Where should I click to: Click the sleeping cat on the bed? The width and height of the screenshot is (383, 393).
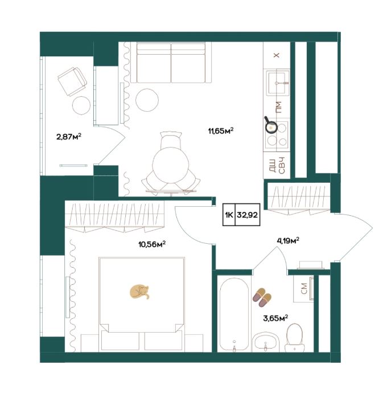139,292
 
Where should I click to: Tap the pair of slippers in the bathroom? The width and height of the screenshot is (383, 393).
262,297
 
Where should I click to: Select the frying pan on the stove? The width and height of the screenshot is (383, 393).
270,125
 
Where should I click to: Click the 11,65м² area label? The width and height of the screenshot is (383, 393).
221,130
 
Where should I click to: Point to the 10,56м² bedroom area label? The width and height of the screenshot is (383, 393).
152,244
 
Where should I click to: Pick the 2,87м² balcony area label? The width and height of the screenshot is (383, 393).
69,137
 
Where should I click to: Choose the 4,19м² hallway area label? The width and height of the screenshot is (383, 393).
288,241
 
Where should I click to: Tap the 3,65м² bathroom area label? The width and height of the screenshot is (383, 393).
275,318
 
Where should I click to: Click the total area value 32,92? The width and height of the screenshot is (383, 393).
247,215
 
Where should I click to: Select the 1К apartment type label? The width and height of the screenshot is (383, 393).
229,215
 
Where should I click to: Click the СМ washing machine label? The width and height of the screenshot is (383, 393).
304,288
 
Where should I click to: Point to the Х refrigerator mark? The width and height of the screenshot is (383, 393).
277,55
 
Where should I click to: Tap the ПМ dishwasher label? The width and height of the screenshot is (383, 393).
278,107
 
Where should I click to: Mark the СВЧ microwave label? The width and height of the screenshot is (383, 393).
282,165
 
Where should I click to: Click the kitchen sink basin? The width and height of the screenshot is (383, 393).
277,83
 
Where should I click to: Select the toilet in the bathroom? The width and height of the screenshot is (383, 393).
295,338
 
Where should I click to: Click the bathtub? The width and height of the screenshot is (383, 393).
234,315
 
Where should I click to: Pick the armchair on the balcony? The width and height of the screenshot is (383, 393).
72,81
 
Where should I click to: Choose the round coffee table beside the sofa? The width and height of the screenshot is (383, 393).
147,100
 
